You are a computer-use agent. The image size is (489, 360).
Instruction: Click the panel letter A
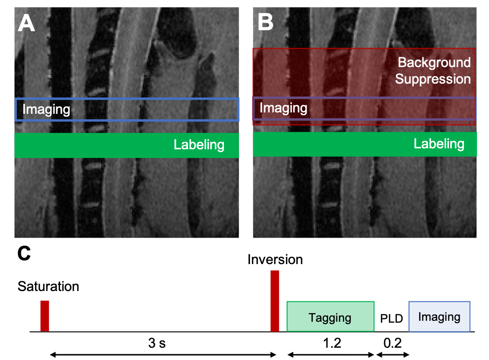(26, 23)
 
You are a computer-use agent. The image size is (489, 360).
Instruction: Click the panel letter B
(265, 22)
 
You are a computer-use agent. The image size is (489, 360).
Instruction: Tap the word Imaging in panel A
(46, 110)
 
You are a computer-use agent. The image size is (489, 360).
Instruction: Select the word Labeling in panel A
(199, 145)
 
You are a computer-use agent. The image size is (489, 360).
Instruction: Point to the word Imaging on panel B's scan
(283, 108)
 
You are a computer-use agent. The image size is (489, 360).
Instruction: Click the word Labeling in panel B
(439, 144)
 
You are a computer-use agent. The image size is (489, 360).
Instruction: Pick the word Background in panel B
(434, 62)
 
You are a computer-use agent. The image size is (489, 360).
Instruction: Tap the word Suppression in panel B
(433, 79)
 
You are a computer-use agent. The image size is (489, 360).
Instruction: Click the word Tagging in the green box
(330, 317)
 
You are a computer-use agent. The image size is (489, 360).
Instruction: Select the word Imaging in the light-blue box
(439, 317)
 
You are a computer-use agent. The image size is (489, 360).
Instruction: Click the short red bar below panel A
(44, 316)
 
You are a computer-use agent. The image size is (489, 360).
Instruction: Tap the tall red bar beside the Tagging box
(275, 301)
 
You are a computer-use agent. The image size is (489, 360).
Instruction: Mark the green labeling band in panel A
(94, 145)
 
